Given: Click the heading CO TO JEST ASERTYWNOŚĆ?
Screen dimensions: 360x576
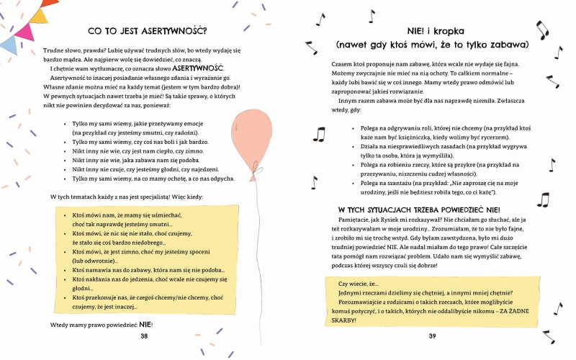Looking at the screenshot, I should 147,31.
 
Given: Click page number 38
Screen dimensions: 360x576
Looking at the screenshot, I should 144,336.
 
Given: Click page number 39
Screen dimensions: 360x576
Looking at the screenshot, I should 432,336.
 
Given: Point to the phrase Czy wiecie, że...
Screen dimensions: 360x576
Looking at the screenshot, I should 361,284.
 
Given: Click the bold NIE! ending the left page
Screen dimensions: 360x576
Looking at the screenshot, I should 146,325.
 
